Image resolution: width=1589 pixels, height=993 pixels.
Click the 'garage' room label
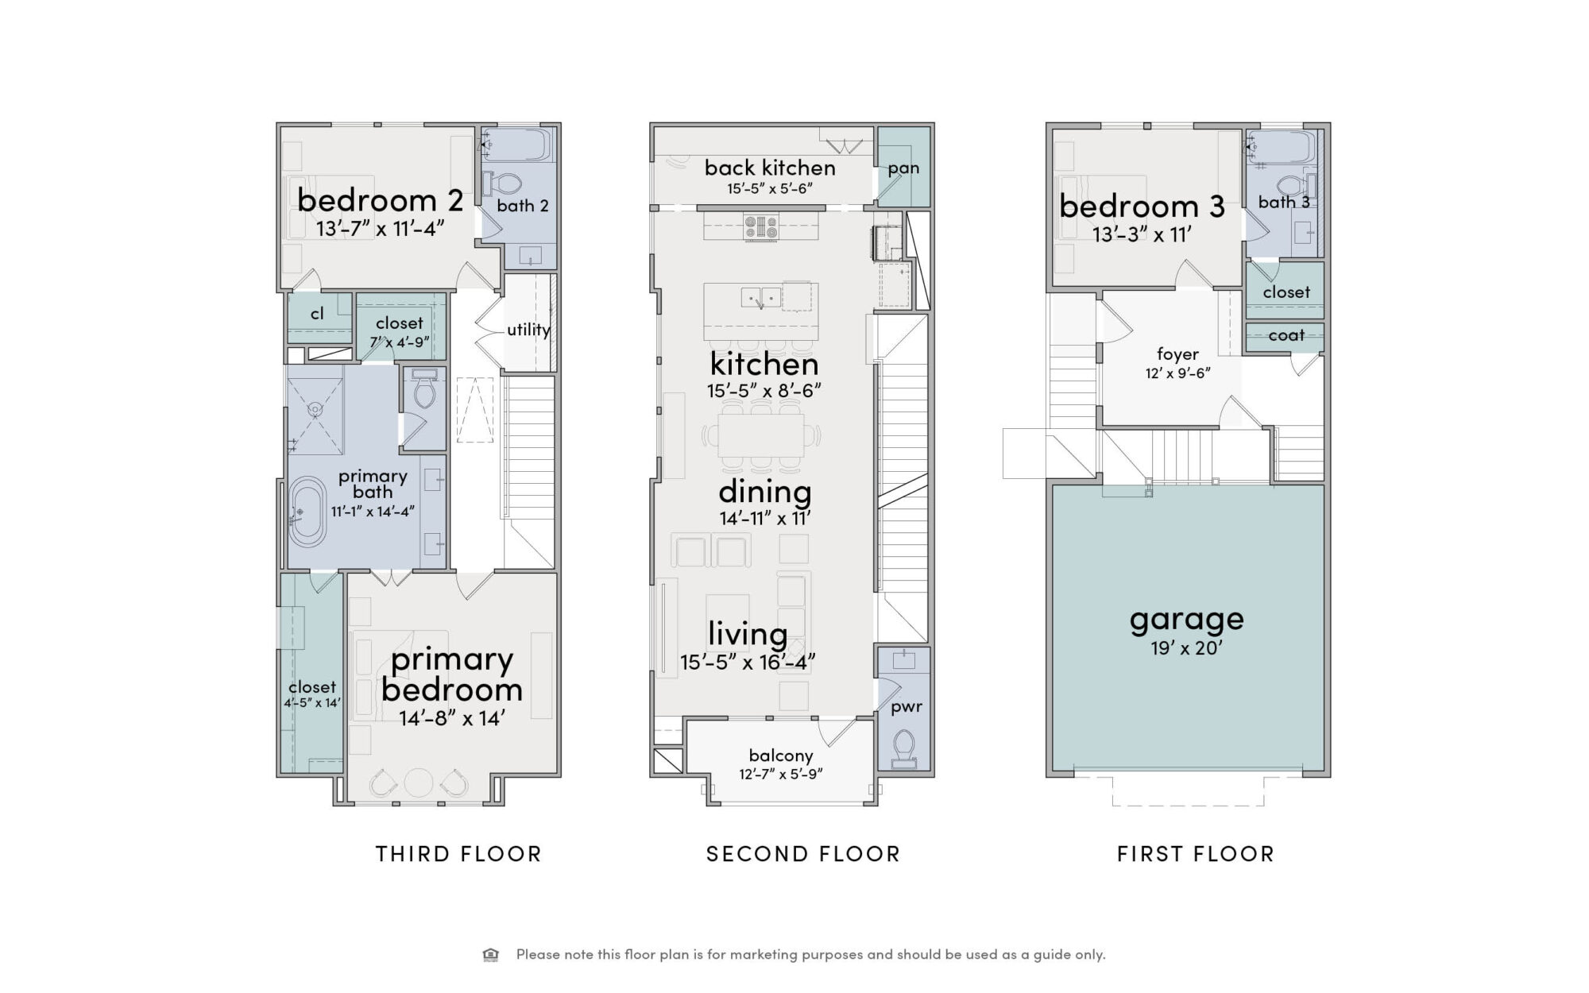pyautogui.click(x=1186, y=620)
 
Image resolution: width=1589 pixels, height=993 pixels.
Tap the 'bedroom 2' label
pyautogui.click(x=380, y=200)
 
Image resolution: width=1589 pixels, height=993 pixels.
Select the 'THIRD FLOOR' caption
pyautogui.click(x=458, y=854)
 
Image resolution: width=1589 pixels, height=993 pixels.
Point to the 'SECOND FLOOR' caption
pyautogui.click(x=803, y=854)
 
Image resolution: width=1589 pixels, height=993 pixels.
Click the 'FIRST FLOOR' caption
pyautogui.click(x=1196, y=854)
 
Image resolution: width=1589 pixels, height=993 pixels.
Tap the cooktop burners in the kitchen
pyautogui.click(x=761, y=228)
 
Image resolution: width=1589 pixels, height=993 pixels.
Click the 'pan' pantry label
pyautogui.click(x=903, y=168)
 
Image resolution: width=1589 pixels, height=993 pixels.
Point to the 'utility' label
pyautogui.click(x=528, y=330)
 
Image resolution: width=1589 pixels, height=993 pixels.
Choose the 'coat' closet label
pyautogui.click(x=1286, y=335)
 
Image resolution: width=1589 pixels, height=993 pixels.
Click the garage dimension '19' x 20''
pyautogui.click(x=1186, y=648)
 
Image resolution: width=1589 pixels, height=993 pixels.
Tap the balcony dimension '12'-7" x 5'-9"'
pyautogui.click(x=780, y=774)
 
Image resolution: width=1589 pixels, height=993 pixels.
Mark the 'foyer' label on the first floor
pyautogui.click(x=1177, y=354)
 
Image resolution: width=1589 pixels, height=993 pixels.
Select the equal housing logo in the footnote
pyautogui.click(x=491, y=955)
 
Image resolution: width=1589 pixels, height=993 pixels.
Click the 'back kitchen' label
pyautogui.click(x=770, y=168)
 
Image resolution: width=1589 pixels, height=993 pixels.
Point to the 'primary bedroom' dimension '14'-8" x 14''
pyautogui.click(x=451, y=718)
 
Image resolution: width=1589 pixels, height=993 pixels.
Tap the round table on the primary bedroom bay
pyautogui.click(x=418, y=783)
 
